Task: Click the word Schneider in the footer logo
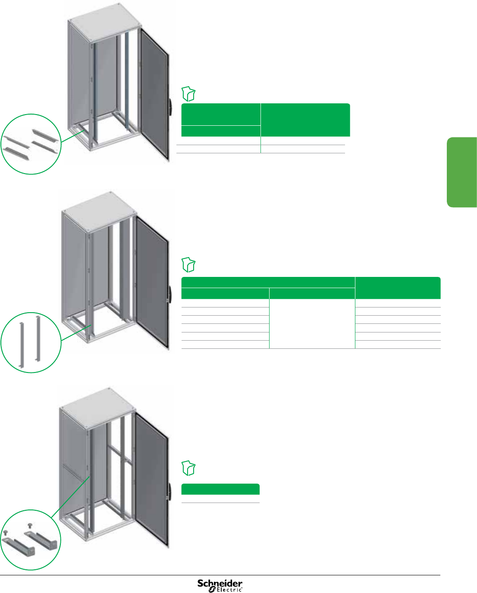[220, 584]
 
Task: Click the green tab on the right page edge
[462, 172]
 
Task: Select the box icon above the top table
[188, 93]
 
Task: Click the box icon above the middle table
[188, 264]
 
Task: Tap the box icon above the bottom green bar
[188, 468]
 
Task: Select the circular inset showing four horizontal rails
[31, 144]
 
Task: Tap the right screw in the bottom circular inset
[29, 526]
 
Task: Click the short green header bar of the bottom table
[220, 489]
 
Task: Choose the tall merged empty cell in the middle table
[312, 323]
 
